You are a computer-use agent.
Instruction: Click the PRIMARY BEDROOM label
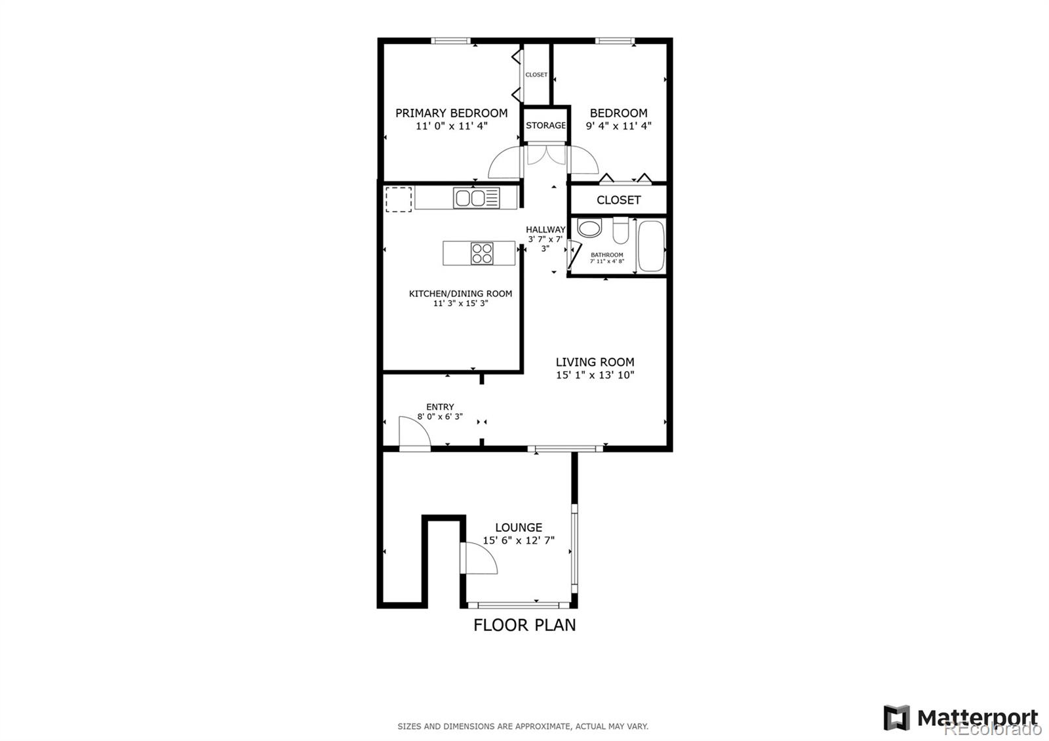click(451, 113)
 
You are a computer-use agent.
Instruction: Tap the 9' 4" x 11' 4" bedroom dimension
click(618, 126)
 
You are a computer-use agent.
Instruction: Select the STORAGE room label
click(545, 125)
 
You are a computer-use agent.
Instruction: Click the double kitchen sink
click(477, 197)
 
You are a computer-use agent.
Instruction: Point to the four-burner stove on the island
click(482, 253)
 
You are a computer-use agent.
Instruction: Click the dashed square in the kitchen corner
click(398, 199)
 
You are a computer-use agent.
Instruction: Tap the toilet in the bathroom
click(620, 231)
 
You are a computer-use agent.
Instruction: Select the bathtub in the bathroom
click(652, 247)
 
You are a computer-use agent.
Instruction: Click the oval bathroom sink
click(589, 230)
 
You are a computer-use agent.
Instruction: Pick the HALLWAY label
click(545, 230)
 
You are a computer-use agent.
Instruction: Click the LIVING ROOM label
click(595, 362)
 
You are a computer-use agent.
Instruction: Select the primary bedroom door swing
click(504, 163)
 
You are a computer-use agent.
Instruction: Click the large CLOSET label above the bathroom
click(618, 200)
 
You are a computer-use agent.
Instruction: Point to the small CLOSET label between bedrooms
click(536, 75)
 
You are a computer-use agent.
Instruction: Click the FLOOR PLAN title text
click(524, 625)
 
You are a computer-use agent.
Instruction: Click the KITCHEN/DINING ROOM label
click(460, 294)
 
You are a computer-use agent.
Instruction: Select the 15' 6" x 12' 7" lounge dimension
click(519, 541)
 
